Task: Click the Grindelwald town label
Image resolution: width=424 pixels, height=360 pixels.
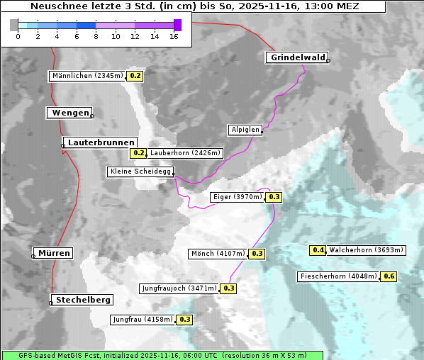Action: tap(298, 57)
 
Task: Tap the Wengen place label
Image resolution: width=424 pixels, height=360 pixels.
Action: tap(69, 113)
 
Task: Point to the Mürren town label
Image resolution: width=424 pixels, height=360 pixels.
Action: tap(54, 253)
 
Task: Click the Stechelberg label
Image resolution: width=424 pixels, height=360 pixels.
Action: tap(83, 300)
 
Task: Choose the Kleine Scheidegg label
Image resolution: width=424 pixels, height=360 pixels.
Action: tap(140, 171)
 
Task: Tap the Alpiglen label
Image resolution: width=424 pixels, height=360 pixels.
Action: tap(245, 130)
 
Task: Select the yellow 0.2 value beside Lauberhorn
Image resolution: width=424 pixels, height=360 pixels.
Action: tap(138, 152)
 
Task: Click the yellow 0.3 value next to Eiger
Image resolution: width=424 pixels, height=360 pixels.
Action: tap(274, 197)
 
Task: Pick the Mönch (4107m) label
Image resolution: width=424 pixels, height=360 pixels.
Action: tap(218, 254)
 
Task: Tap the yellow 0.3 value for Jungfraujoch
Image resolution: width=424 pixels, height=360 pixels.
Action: tap(229, 288)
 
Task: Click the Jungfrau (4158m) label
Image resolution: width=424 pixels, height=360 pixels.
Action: tap(143, 320)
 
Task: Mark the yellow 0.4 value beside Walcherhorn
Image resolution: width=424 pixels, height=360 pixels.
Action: tap(318, 250)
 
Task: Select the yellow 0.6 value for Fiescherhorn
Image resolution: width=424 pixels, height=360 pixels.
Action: tap(389, 276)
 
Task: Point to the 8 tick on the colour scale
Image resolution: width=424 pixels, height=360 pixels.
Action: tap(95, 36)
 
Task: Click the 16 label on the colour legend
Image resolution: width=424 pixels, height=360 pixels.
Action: tap(174, 36)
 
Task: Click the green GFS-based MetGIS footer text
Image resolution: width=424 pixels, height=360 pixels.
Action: tap(162, 355)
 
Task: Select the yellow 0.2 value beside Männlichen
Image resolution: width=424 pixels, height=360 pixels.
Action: tap(135, 76)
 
